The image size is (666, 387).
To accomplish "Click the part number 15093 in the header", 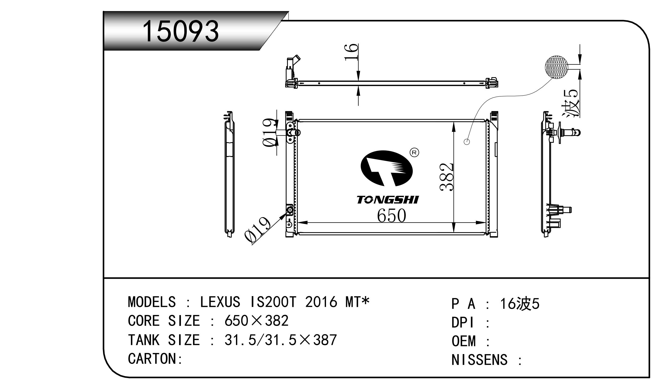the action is point(181,31).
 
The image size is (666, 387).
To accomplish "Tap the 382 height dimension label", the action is point(447,177).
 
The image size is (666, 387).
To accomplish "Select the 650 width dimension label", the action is point(391,216).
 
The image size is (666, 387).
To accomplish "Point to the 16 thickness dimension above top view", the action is point(351,52).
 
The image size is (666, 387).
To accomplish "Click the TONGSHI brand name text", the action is point(388,200).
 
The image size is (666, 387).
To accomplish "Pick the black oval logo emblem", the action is point(386,168).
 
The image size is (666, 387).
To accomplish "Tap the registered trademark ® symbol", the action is point(414,153).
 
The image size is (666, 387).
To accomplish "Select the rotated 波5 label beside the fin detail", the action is point(571,103).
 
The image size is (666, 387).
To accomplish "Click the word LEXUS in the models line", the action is point(220,302).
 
